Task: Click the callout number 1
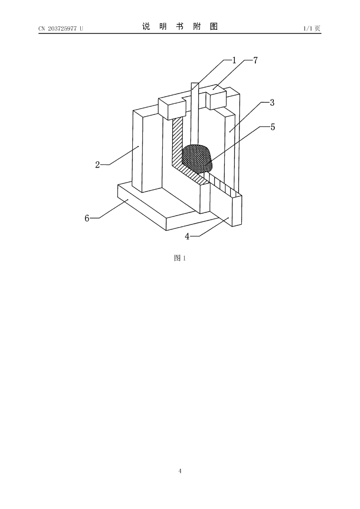pyautogui.click(x=234, y=60)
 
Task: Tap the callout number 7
pyautogui.click(x=255, y=60)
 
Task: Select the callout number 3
pyautogui.click(x=272, y=102)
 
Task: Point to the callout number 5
pyautogui.click(x=272, y=127)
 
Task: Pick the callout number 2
pyautogui.click(x=97, y=165)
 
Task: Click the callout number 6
pyautogui.click(x=87, y=218)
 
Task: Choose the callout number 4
pyautogui.click(x=187, y=236)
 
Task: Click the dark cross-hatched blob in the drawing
pyautogui.click(x=197, y=159)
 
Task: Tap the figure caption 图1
pyautogui.click(x=180, y=258)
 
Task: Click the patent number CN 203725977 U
pyautogui.click(x=61, y=29)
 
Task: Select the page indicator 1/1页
pyautogui.click(x=311, y=29)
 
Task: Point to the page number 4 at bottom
pyautogui.click(x=180, y=471)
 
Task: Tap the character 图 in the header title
pyautogui.click(x=214, y=27)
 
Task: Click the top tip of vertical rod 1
pyautogui.click(x=195, y=83)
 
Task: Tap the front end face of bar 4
pyautogui.click(x=237, y=211)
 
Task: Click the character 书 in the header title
pyautogui.click(x=180, y=27)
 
